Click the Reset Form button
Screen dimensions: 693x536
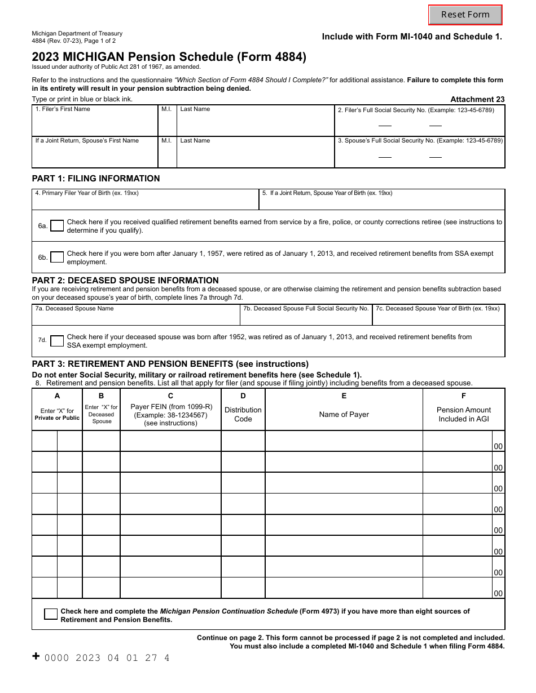(465, 15)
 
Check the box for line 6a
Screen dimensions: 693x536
(57, 226)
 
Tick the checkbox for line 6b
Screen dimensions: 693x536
(57, 257)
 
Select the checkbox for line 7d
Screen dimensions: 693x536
(57, 341)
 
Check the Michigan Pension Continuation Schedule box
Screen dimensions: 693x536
(51, 615)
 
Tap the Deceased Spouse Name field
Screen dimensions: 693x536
(136, 319)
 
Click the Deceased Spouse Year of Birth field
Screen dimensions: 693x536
(438, 319)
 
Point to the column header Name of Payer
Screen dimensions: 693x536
(344, 415)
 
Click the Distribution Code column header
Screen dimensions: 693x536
(243, 414)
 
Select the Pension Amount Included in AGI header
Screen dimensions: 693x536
(463, 414)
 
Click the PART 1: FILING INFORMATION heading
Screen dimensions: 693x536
(96, 179)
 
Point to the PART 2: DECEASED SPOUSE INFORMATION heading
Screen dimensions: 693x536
(125, 280)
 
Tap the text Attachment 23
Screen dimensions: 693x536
(477, 99)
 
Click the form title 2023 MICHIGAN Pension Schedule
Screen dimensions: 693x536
(169, 57)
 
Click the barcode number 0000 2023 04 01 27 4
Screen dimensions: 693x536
(107, 658)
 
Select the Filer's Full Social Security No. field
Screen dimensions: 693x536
(420, 124)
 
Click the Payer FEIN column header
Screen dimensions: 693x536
(170, 415)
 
